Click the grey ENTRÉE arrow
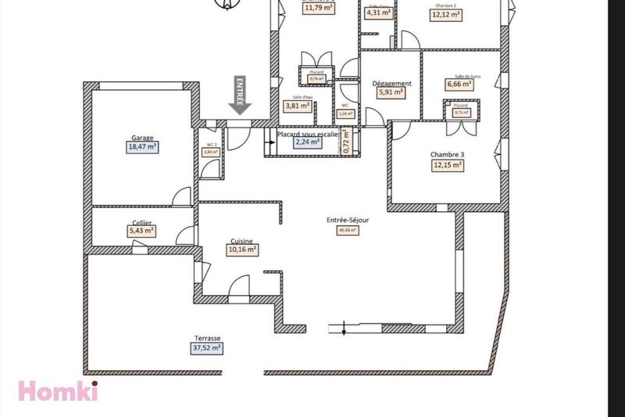pos(239,97)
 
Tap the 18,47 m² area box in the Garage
pos(142,146)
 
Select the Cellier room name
pos(141,221)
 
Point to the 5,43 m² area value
pos(141,231)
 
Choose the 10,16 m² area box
pos(242,250)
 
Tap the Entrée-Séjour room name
pos(348,221)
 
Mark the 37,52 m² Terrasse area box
pos(207,349)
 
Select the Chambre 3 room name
pos(447,155)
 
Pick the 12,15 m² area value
pos(447,165)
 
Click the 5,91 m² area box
pos(391,92)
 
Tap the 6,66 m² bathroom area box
pos(459,84)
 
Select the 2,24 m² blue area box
pos(307,142)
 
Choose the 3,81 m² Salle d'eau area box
pos(297,106)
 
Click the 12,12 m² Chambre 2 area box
pos(446,14)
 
